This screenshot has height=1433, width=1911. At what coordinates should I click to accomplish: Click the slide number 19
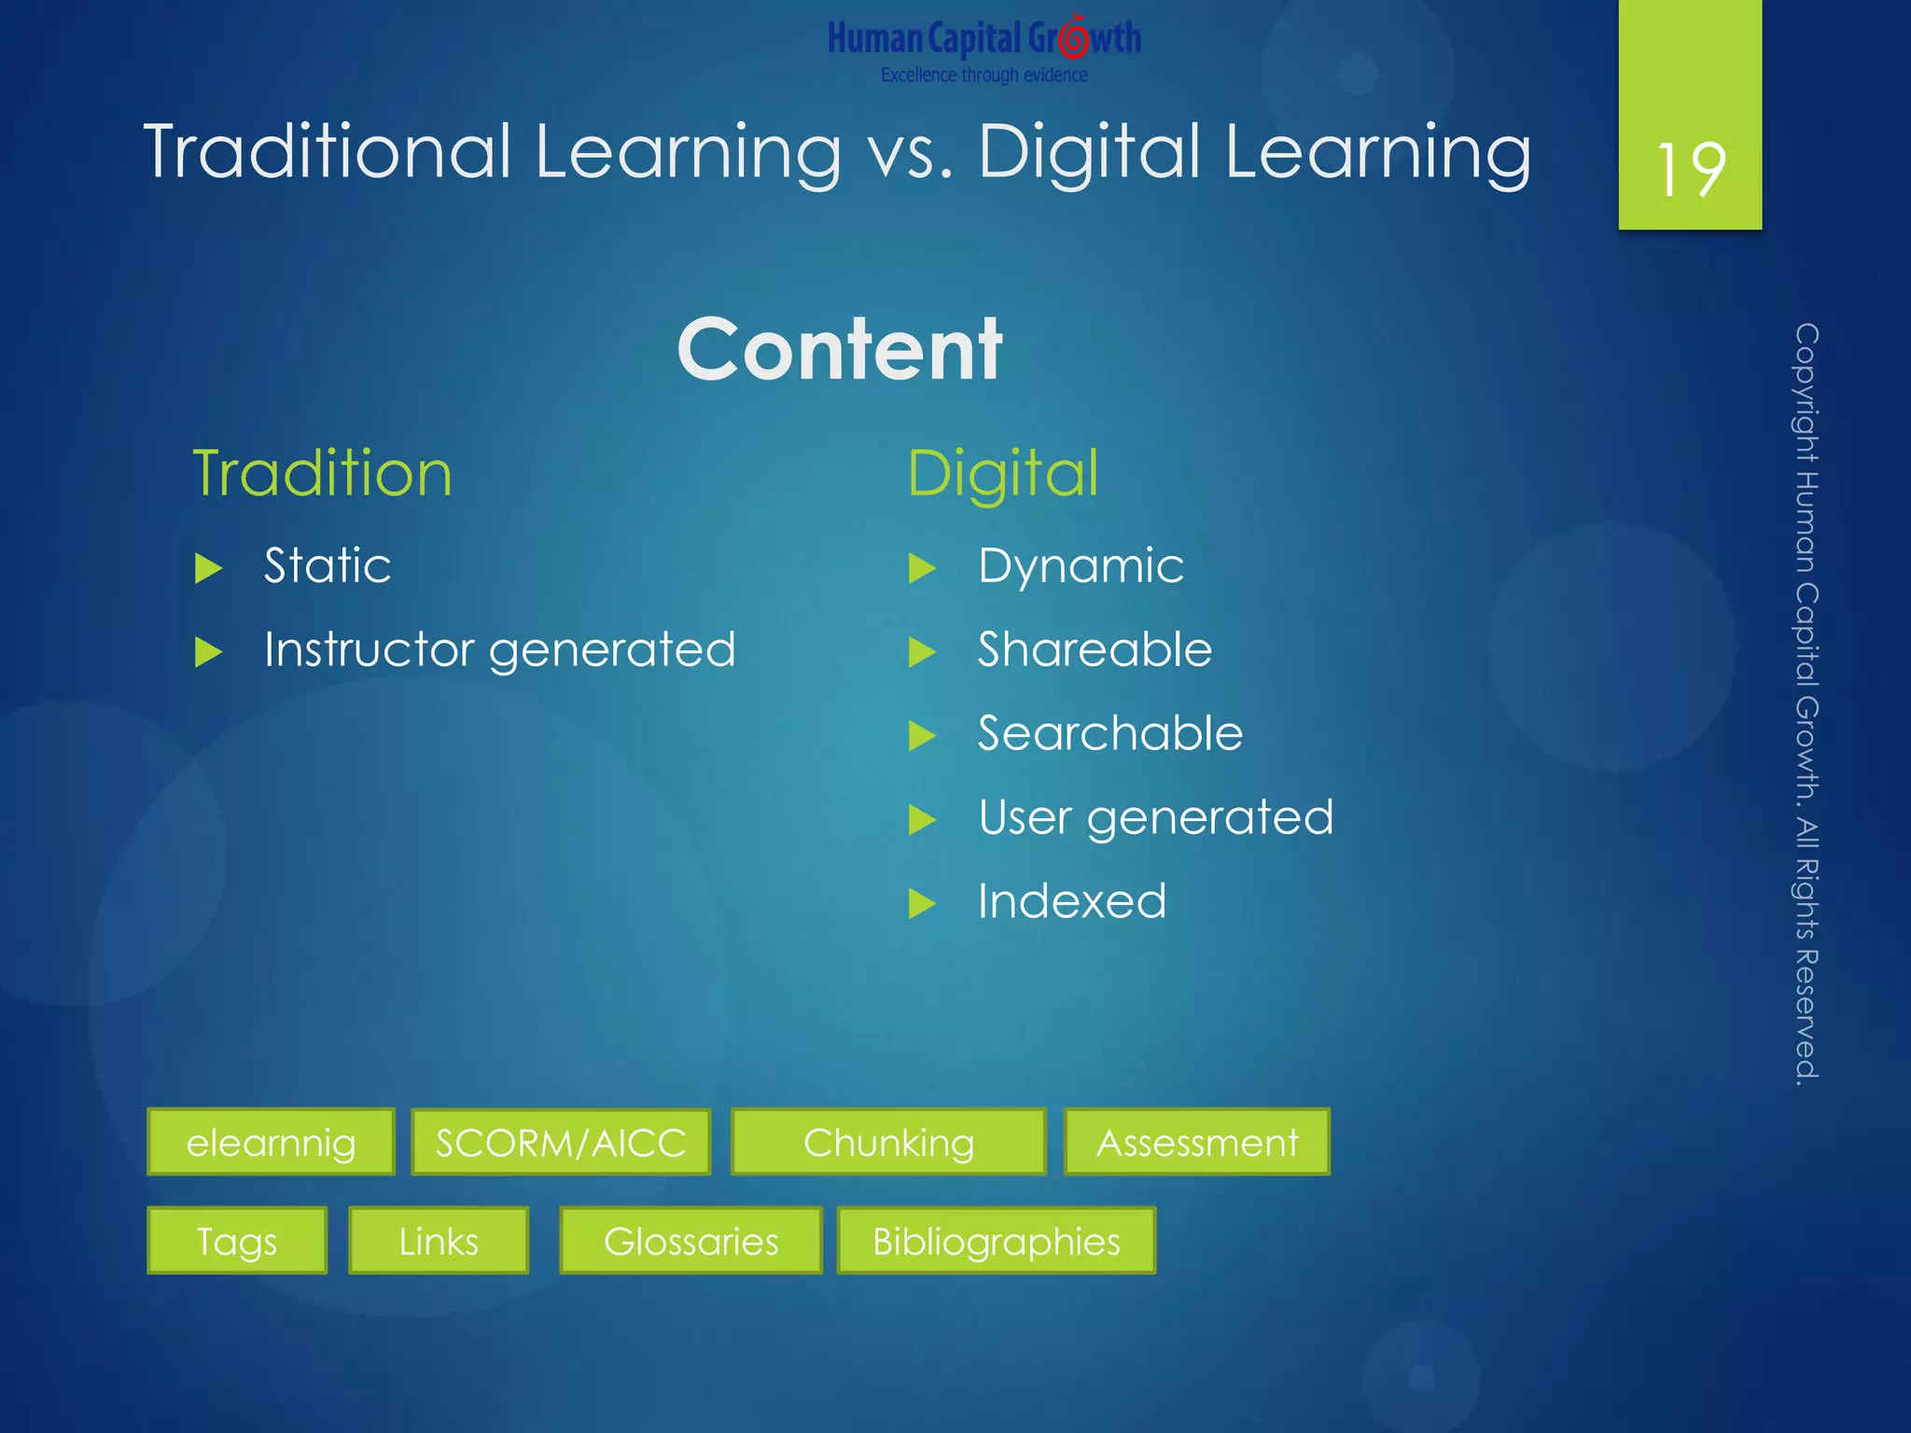click(1690, 170)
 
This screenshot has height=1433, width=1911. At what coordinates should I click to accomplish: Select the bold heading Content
click(840, 349)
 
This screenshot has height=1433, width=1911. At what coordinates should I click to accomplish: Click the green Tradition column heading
click(322, 473)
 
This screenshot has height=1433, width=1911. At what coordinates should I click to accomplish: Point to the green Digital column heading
click(1003, 473)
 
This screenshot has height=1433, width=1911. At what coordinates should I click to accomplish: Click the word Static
click(327, 565)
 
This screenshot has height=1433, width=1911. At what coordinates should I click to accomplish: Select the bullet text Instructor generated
click(499, 649)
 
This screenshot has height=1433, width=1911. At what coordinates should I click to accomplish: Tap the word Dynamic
click(1081, 565)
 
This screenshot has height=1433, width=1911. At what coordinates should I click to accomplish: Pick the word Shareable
click(1095, 649)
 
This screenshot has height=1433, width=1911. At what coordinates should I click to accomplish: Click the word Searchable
click(1110, 733)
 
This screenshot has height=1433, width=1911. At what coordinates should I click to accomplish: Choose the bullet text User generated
click(1155, 817)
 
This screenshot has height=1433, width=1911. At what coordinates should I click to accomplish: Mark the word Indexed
click(1072, 901)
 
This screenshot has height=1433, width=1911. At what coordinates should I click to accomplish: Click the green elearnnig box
click(271, 1142)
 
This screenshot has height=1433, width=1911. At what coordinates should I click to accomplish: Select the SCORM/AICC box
click(561, 1142)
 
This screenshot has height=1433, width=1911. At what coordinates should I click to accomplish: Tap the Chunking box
click(888, 1142)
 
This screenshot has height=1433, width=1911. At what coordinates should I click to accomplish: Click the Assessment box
click(1197, 1142)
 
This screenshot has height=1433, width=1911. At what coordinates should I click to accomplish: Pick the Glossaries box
click(690, 1241)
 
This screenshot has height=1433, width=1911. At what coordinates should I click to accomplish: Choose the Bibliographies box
click(997, 1241)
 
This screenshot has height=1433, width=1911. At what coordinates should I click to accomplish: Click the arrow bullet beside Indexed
click(922, 903)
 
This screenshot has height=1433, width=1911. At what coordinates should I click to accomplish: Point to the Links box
click(439, 1241)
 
